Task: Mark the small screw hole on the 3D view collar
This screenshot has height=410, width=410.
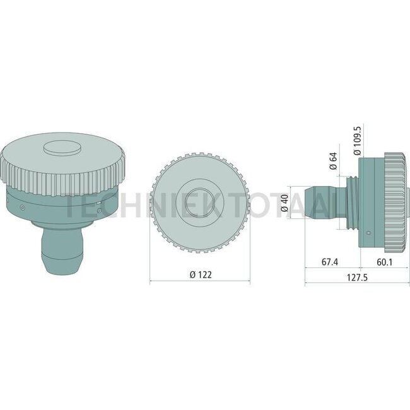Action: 23,206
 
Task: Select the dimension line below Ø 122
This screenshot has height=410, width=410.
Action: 200,283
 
